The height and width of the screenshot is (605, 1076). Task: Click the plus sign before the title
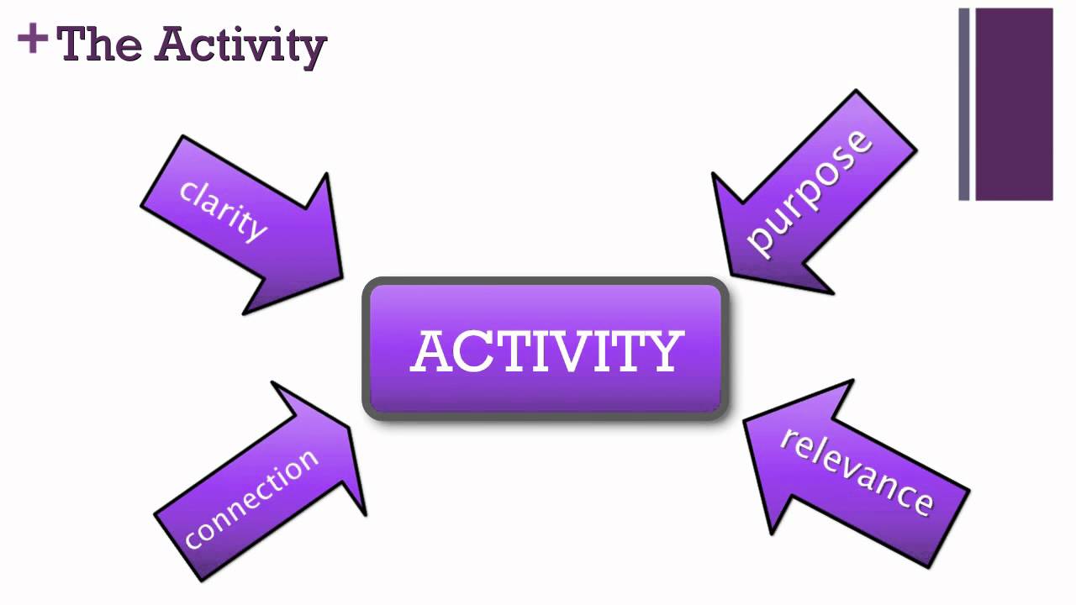32,39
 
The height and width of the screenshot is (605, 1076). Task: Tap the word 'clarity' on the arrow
224,210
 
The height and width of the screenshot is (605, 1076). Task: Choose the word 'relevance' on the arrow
857,471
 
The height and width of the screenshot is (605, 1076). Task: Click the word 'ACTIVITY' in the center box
546,351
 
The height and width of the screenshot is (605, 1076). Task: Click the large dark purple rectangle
1014,104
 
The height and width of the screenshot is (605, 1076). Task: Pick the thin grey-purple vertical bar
964,104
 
